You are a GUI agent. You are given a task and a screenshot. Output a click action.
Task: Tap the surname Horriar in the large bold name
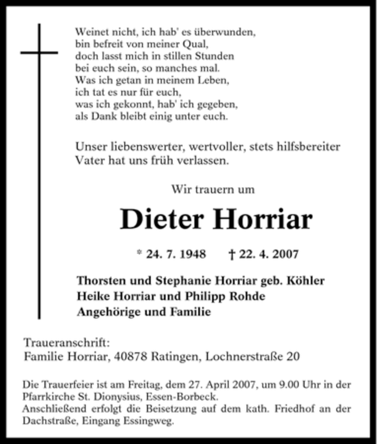click(x=263, y=219)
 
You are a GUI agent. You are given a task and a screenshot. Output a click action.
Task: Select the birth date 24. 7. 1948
click(x=176, y=254)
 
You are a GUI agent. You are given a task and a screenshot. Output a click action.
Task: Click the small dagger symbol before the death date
click(x=232, y=254)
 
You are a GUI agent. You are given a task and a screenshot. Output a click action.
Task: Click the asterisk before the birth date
click(x=139, y=253)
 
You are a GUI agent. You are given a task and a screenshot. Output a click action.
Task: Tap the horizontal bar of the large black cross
click(x=39, y=52)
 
